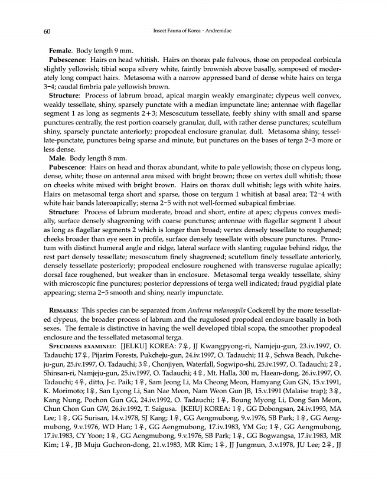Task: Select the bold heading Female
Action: [x=61, y=51]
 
